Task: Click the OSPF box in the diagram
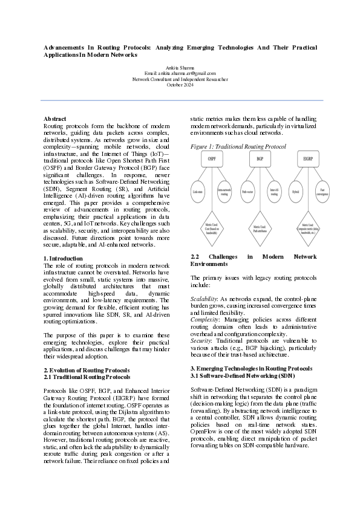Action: (x=212, y=158)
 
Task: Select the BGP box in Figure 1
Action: (x=260, y=158)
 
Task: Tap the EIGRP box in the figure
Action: (x=308, y=158)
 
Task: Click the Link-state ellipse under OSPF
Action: (x=197, y=192)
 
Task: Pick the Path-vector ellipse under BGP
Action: (x=246, y=192)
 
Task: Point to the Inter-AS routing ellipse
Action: (x=273, y=192)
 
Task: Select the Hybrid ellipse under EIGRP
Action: (x=295, y=192)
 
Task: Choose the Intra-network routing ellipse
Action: (x=224, y=192)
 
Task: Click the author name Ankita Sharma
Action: (x=180, y=67)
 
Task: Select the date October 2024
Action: (x=180, y=85)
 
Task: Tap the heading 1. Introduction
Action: (x=63, y=258)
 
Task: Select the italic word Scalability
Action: (x=205, y=299)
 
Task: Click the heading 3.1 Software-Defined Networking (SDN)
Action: (x=243, y=375)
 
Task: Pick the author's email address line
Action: (x=180, y=73)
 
